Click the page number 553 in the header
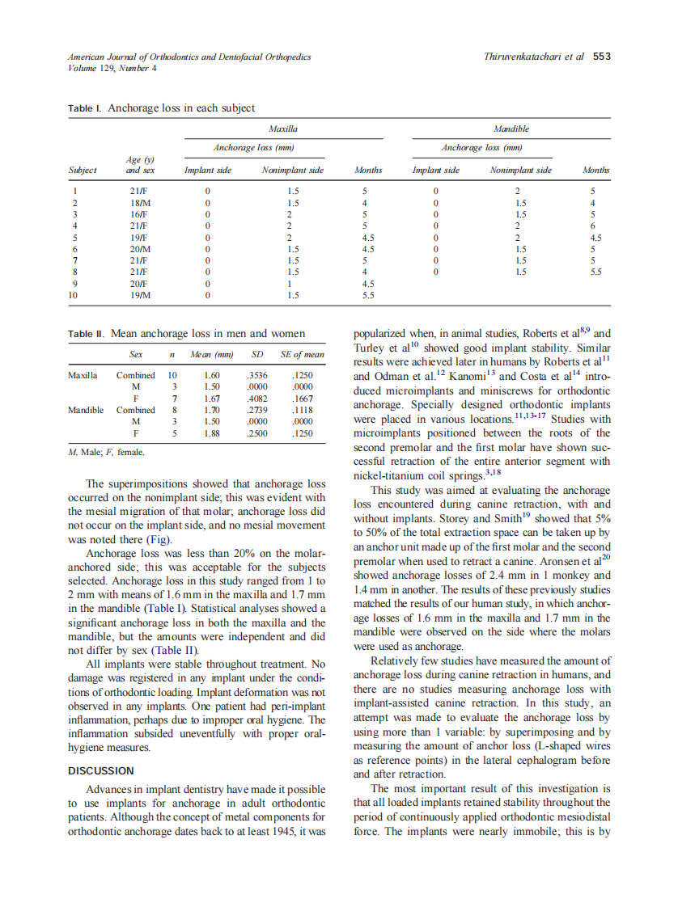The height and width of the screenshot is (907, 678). [601, 57]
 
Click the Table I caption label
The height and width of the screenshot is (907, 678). [86, 108]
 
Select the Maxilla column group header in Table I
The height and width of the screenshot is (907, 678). [282, 129]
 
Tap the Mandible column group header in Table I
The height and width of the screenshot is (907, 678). [511, 129]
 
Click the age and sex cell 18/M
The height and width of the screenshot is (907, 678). [138, 203]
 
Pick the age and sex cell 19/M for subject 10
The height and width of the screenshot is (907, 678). [138, 296]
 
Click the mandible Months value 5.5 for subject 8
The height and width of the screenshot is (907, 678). [595, 272]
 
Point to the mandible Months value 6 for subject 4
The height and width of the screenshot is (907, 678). [593, 226]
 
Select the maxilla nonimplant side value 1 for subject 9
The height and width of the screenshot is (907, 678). [293, 285]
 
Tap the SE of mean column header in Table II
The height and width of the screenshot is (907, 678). [302, 355]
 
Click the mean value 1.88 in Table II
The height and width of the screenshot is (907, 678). [212, 433]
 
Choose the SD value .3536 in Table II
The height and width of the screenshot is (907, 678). [257, 376]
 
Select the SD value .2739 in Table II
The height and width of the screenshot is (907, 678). [257, 411]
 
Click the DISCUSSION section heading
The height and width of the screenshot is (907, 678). [101, 771]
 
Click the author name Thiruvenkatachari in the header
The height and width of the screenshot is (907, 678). [523, 57]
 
